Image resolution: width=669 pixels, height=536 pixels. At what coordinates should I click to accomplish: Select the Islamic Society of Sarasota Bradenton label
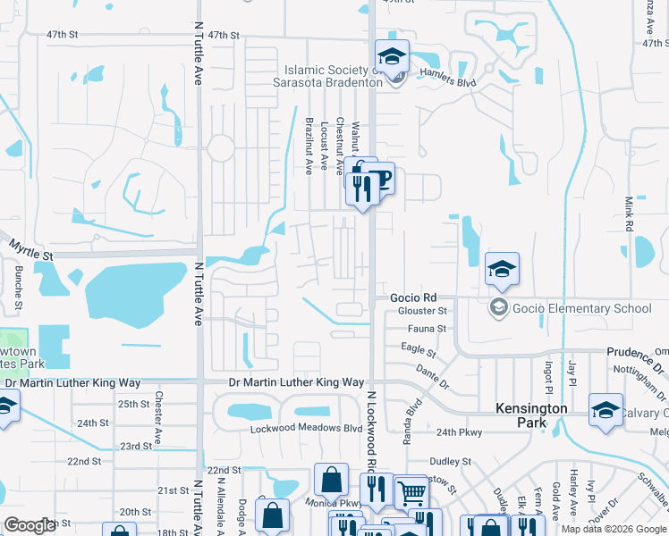click(x=333, y=78)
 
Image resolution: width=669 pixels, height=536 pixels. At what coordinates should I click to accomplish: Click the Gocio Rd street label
click(x=413, y=297)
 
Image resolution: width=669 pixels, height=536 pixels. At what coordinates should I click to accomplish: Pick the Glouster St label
click(x=422, y=311)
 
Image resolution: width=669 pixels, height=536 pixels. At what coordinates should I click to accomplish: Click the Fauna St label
click(x=428, y=329)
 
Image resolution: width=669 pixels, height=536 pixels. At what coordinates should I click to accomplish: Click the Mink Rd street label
click(x=629, y=215)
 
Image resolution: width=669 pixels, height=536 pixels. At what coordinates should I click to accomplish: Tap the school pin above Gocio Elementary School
click(x=502, y=267)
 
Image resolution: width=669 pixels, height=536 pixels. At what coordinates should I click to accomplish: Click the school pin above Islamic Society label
click(x=392, y=56)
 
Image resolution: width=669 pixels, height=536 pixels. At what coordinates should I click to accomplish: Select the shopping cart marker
click(x=411, y=491)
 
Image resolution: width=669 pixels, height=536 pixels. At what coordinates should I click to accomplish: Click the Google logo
click(x=30, y=525)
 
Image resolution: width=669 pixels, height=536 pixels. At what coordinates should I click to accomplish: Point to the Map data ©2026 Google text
click(x=614, y=529)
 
